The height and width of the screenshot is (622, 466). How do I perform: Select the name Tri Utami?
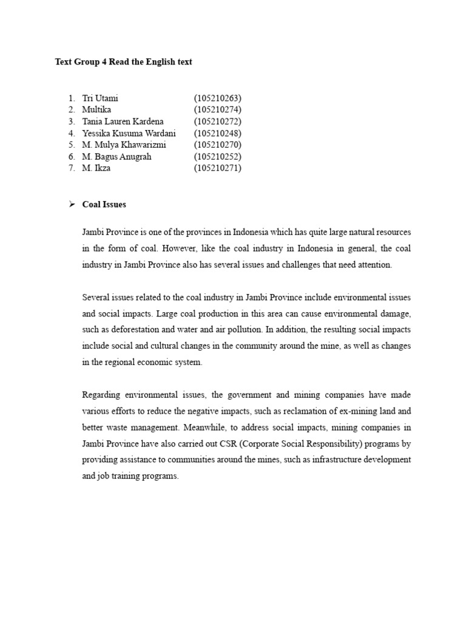pos(100,98)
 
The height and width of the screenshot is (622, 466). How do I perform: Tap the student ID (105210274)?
pos(217,109)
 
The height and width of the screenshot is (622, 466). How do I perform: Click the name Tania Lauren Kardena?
pos(123,121)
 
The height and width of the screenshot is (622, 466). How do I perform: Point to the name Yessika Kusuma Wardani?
pos(129,133)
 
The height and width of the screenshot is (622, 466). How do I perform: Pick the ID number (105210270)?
pos(217,145)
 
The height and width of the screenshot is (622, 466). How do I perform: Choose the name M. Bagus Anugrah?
pos(116,157)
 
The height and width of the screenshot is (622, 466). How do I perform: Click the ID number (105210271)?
pos(217,168)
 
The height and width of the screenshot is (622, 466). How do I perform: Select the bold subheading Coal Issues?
pos(104,205)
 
